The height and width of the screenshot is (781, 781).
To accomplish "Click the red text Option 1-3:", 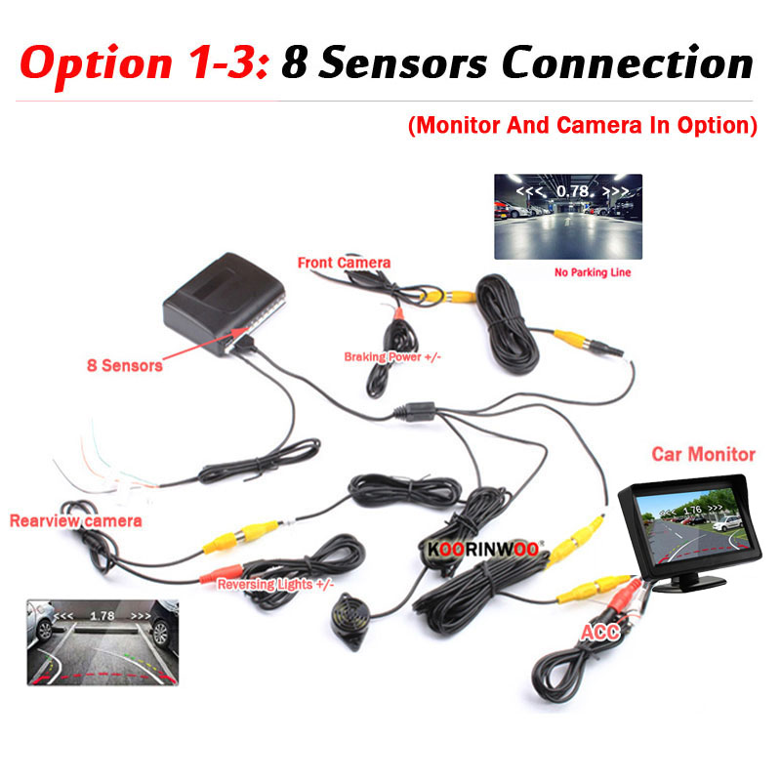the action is pyautogui.click(x=144, y=63).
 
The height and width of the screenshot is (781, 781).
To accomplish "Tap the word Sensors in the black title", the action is pyautogui.click(x=402, y=62).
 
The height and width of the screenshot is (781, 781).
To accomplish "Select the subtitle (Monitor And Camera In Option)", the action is pyautogui.click(x=582, y=126).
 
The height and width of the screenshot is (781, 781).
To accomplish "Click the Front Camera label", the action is pyautogui.click(x=344, y=263).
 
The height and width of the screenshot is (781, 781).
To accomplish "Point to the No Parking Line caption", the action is pyautogui.click(x=593, y=272).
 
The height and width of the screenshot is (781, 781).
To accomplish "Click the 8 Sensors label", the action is pyautogui.click(x=125, y=365).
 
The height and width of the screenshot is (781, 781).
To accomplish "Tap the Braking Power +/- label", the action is pyautogui.click(x=392, y=357).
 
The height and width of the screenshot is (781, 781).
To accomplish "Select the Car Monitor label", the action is pyautogui.click(x=703, y=454).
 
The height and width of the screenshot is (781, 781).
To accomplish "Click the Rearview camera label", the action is pyautogui.click(x=76, y=521).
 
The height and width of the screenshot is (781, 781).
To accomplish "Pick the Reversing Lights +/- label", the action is pyautogui.click(x=275, y=584).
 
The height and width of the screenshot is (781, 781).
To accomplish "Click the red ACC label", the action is pyautogui.click(x=600, y=633).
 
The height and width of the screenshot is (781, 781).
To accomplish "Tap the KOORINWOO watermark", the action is pyautogui.click(x=482, y=550).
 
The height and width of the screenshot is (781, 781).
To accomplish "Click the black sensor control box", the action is pyautogui.click(x=225, y=303).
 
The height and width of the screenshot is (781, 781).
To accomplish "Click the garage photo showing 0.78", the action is pyautogui.click(x=568, y=217).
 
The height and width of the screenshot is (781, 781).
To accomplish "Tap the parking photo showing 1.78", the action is pyautogui.click(x=103, y=642).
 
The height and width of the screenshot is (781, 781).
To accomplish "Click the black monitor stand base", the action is pyautogui.click(x=688, y=582).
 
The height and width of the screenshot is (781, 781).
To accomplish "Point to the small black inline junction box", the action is pyautogui.click(x=414, y=411).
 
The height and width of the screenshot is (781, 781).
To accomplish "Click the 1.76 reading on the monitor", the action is pyautogui.click(x=692, y=510).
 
